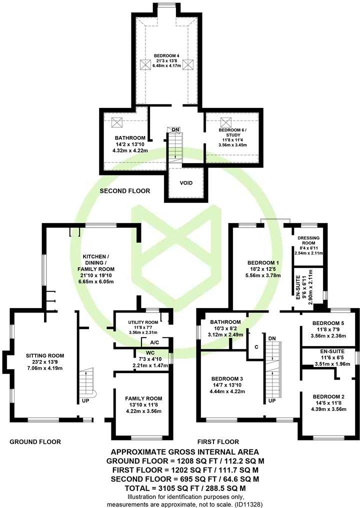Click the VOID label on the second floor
click(185, 183)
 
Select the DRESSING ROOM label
click(308, 241)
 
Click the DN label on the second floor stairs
click(175, 130)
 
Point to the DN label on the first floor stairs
click(272, 339)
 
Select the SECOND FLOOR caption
click(124, 190)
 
